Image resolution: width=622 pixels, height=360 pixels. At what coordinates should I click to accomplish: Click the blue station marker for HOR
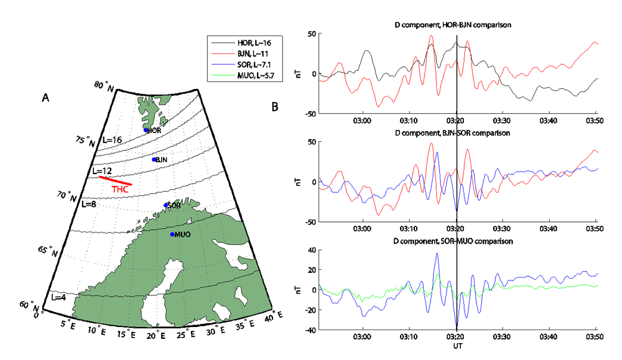(146, 130)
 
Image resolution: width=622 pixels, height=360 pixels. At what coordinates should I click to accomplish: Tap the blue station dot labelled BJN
(154, 160)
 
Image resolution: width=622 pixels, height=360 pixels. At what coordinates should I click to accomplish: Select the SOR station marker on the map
(165, 205)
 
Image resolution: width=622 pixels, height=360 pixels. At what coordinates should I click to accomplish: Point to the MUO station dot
(172, 234)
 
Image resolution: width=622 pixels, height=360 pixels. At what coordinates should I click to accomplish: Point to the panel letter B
(275, 107)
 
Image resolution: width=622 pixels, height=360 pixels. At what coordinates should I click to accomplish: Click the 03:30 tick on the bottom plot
(502, 337)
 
